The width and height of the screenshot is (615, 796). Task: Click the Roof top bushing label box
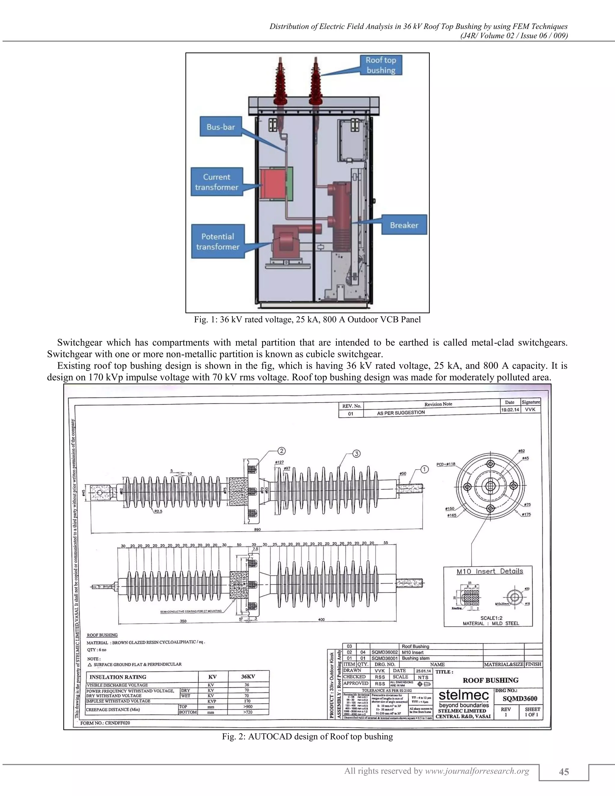pos(381,65)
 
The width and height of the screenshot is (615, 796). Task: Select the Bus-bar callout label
pos(221,127)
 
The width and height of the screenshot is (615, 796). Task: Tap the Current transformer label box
pos(217,182)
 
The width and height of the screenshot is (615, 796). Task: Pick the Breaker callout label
pos(404,225)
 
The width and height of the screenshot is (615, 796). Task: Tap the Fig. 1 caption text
pos(307,320)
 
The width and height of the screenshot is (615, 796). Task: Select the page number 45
pos(564,772)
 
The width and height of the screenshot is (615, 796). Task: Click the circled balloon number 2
pos(282,451)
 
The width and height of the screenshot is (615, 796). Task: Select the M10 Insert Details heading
pos(490,571)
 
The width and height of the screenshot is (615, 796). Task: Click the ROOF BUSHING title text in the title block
pos(490,680)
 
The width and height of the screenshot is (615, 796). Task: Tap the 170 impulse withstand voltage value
pos(247,701)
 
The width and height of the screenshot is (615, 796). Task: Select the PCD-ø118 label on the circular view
pos(446,464)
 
